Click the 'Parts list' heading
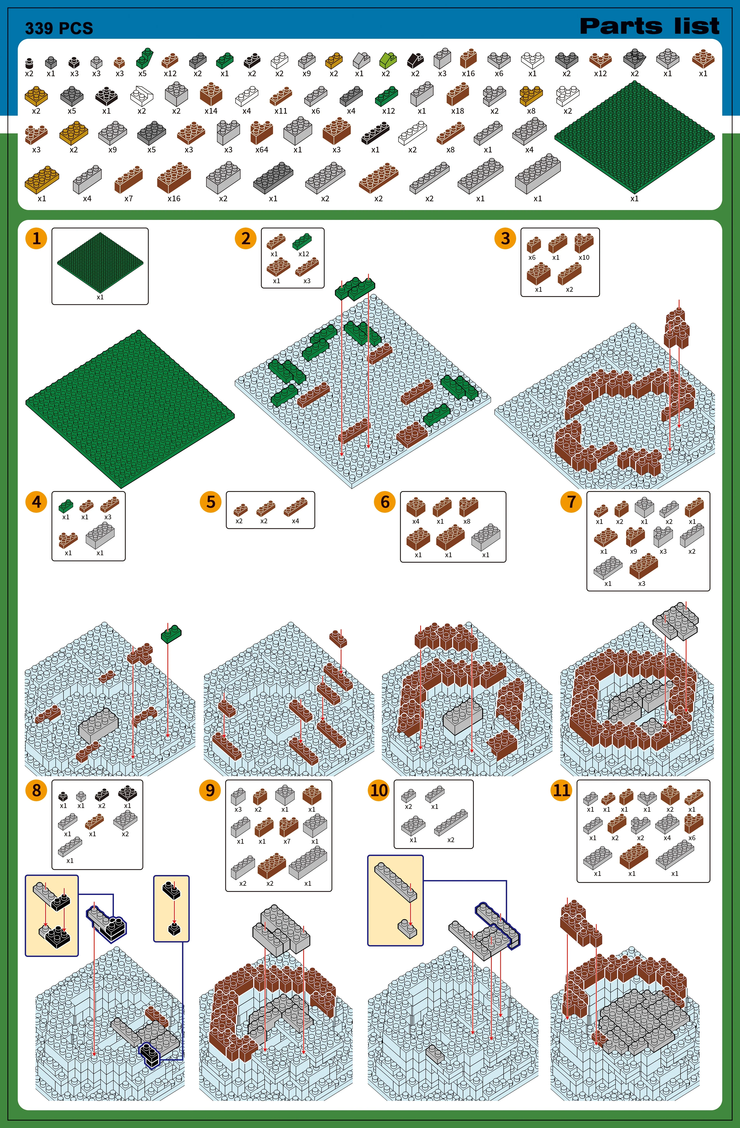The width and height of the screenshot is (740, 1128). point(650,26)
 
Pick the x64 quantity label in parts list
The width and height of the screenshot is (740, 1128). point(262,150)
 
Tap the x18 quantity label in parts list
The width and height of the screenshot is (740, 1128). point(457,111)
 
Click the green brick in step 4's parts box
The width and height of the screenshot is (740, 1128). point(66,506)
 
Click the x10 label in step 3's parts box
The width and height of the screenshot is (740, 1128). point(584,257)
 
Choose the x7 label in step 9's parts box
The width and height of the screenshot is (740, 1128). point(287,841)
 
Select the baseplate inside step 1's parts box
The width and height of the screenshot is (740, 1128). point(100,262)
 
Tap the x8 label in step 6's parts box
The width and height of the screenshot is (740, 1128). point(467,521)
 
